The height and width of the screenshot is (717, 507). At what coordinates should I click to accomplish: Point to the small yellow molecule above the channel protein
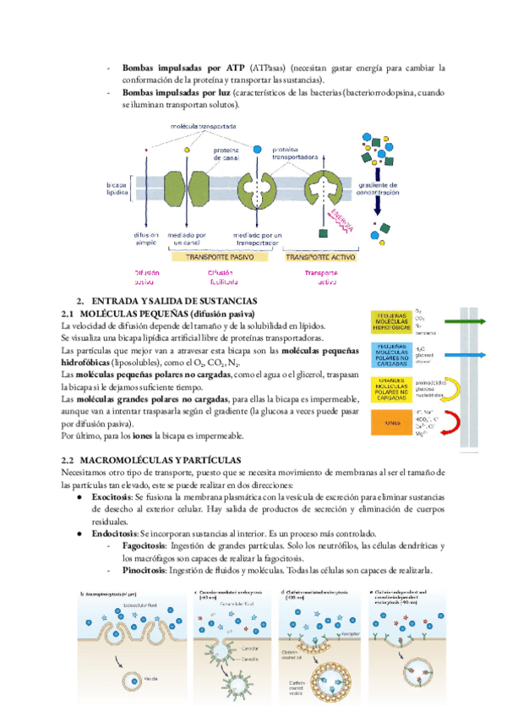tap(186, 150)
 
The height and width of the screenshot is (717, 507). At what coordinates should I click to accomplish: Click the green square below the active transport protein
tap(322, 233)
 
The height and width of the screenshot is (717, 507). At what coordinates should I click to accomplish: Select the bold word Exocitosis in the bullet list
tap(112, 500)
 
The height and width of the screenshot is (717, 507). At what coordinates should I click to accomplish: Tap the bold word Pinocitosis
tap(144, 569)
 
